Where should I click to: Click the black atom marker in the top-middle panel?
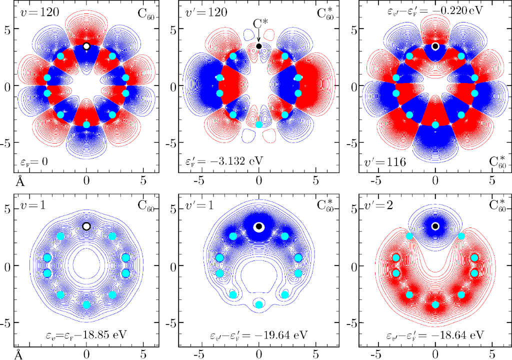click(259, 46)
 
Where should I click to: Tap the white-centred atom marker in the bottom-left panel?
click(86, 226)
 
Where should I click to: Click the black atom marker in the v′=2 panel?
click(435, 226)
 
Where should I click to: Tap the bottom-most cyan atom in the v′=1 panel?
click(259, 304)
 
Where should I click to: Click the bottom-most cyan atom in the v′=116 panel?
click(435, 124)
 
